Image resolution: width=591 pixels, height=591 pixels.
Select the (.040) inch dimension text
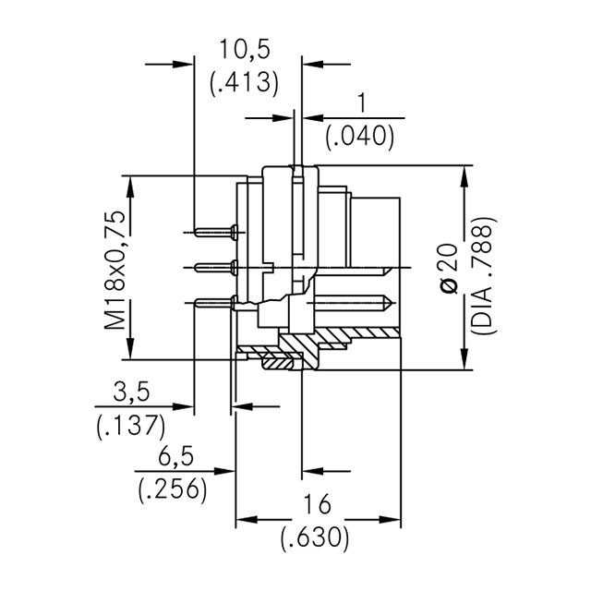(360, 137)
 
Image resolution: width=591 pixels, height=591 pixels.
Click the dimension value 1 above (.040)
(361, 103)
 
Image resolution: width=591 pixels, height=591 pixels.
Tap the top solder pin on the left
(215, 230)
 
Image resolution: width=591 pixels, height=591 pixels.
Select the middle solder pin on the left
(215, 268)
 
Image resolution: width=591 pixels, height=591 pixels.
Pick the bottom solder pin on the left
(215, 302)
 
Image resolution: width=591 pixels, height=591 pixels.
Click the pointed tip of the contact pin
(395, 302)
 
